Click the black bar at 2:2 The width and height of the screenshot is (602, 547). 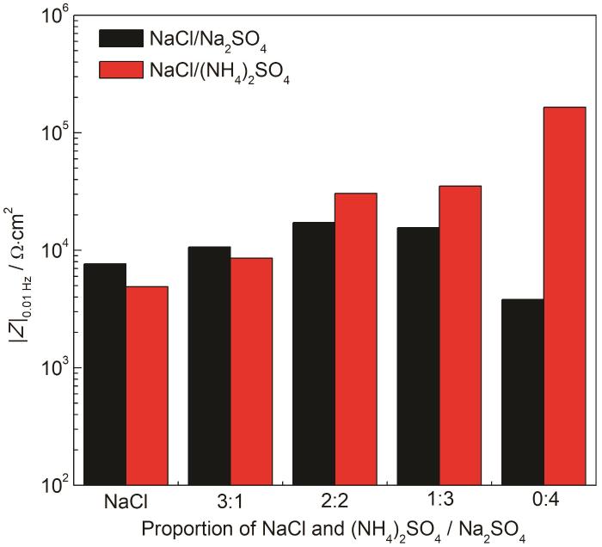314,353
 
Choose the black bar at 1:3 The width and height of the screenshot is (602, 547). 418,356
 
